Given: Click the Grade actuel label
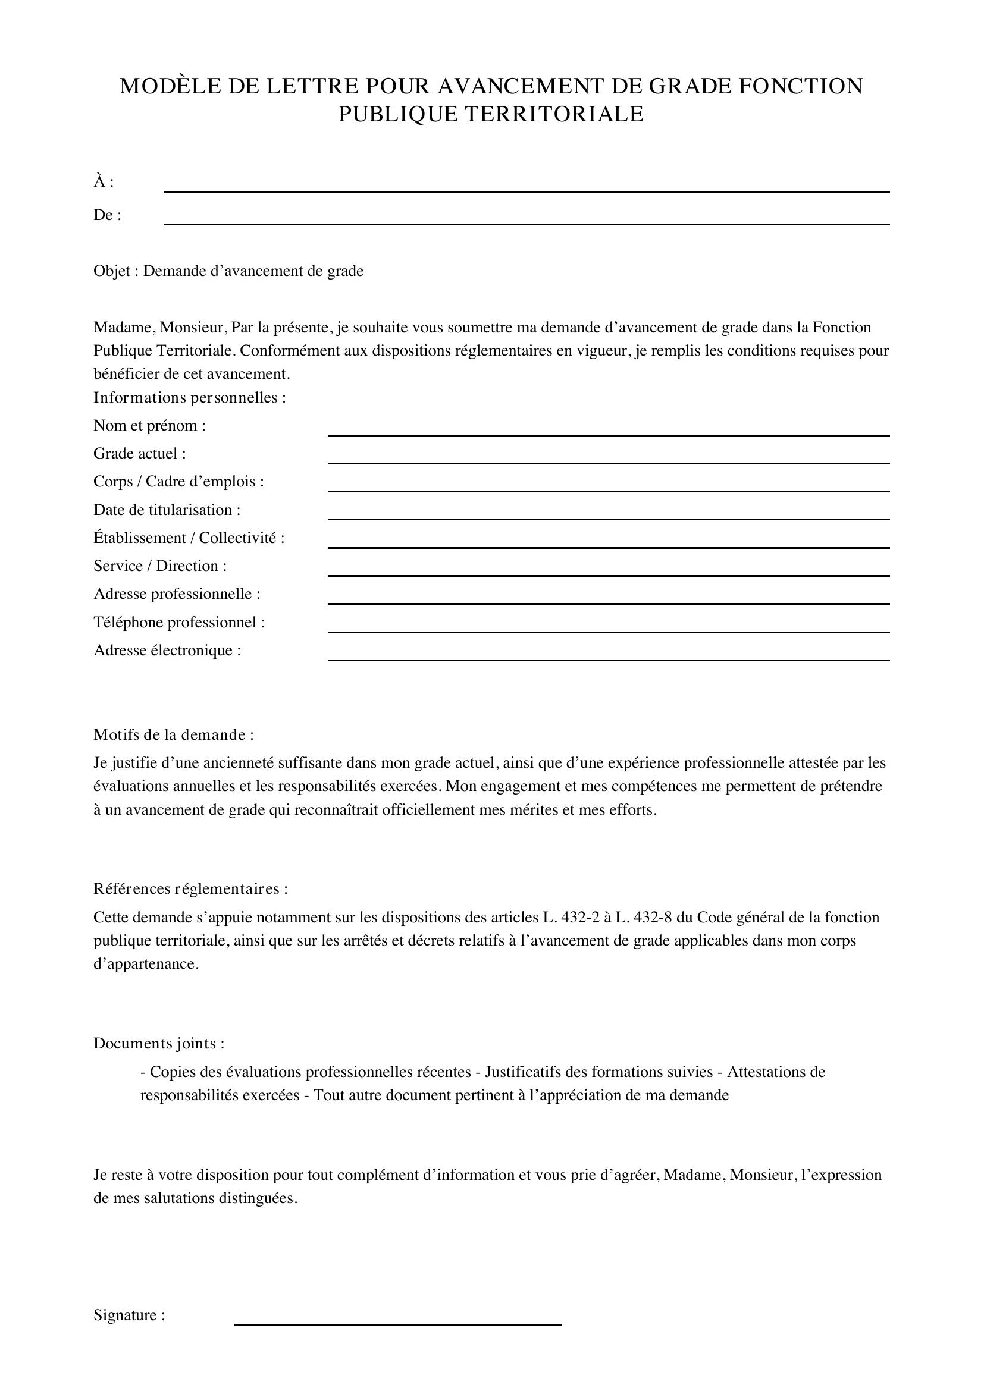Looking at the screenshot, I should click(x=139, y=453).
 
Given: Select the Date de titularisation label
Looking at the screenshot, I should click(x=167, y=510).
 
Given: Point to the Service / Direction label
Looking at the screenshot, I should click(x=160, y=565).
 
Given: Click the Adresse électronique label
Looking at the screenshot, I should click(x=167, y=650).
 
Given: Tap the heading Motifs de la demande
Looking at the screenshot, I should click(x=173, y=734).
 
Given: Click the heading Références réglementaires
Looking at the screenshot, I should click(x=190, y=888).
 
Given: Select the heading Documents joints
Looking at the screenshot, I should click(x=159, y=1043).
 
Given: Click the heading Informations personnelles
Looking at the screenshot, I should click(x=189, y=397).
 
